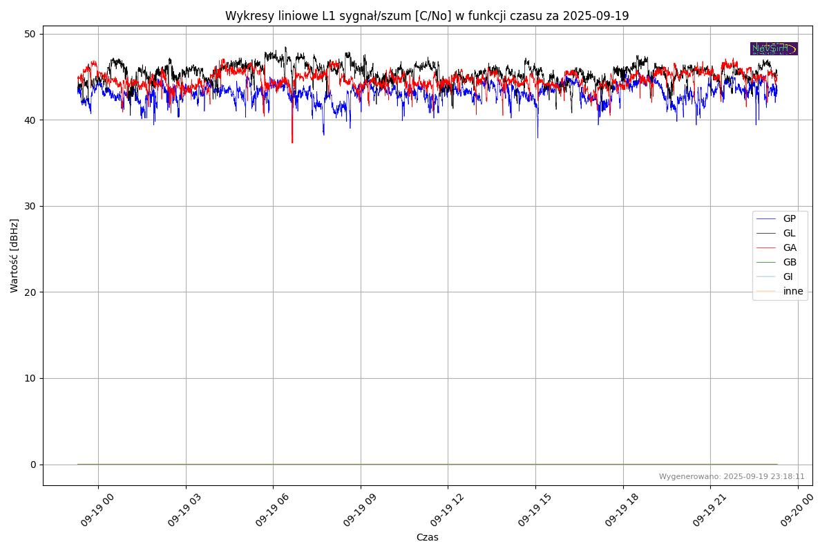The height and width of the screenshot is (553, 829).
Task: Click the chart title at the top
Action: click(x=427, y=16)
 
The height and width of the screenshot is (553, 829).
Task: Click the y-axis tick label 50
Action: click(x=30, y=34)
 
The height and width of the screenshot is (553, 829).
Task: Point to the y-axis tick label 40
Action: click(x=30, y=120)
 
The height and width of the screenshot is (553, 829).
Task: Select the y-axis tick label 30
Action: click(x=30, y=206)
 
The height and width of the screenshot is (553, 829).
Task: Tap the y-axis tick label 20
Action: click(x=30, y=292)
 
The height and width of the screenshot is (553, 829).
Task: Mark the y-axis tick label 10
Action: click(x=30, y=378)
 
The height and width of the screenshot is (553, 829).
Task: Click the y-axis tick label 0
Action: click(x=33, y=465)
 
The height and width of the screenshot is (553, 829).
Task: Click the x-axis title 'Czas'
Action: click(x=427, y=537)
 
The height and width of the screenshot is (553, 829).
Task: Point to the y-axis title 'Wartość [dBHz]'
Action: click(x=15, y=256)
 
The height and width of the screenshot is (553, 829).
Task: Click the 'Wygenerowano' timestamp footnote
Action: click(x=732, y=476)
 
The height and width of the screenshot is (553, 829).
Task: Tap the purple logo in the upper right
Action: click(x=774, y=48)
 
